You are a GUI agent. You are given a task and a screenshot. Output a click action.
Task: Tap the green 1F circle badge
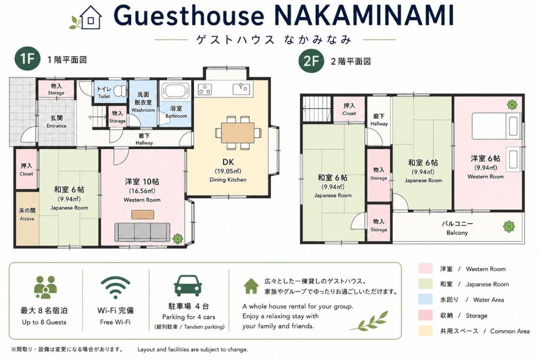27,59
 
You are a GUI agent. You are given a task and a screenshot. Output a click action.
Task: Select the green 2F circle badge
311,60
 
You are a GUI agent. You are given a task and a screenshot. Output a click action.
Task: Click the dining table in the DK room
238,132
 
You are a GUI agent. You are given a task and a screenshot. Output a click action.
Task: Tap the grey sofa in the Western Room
142,232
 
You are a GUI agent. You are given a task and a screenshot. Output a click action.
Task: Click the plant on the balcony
509,226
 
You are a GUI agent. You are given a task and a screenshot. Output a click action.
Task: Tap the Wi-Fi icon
115,287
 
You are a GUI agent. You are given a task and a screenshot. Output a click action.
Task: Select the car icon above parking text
187,285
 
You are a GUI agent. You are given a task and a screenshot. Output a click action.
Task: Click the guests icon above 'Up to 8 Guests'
45,287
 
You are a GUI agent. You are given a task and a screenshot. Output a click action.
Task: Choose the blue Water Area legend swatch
425,299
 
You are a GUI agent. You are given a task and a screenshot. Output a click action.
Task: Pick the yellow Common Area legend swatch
425,330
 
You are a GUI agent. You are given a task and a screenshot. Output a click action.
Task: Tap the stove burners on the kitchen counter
205,89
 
